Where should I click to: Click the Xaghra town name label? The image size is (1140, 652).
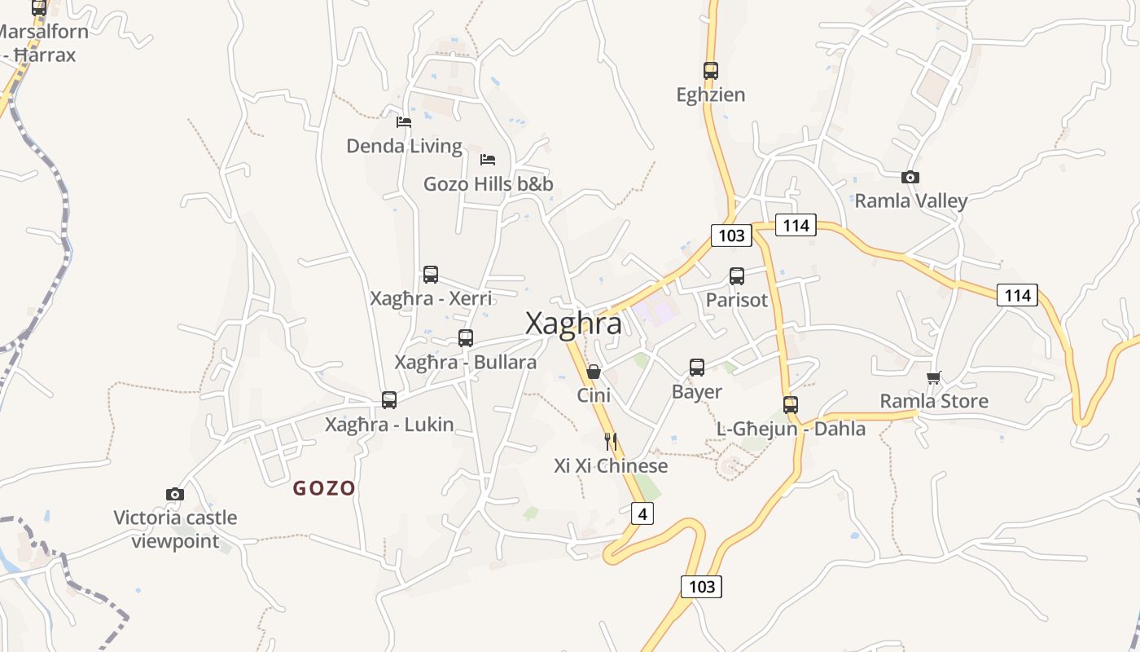tap(573, 324)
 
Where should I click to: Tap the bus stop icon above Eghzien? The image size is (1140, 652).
tap(711, 71)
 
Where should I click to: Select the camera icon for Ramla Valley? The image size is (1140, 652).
tap(910, 177)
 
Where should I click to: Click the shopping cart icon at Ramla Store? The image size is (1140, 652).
tap(933, 377)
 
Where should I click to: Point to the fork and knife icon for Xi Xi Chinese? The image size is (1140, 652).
tap(611, 442)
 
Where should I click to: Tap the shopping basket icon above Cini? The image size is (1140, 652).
tap(594, 372)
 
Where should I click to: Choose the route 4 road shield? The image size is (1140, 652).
tap(642, 513)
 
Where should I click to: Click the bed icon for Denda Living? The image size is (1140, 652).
tap(404, 122)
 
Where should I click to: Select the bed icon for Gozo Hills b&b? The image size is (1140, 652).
tap(488, 159)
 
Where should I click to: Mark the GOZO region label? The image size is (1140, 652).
tap(324, 488)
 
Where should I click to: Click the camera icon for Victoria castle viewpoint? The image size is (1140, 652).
tap(175, 494)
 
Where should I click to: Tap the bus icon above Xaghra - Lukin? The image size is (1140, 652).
tap(389, 400)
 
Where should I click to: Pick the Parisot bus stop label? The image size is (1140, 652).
tap(736, 300)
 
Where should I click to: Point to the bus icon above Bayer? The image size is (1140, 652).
tap(697, 368)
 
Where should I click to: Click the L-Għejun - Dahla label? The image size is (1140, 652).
tap(791, 429)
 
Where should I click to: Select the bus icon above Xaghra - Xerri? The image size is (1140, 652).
tap(431, 275)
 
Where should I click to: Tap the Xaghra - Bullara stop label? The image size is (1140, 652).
tap(465, 362)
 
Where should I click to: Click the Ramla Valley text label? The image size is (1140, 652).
tap(910, 200)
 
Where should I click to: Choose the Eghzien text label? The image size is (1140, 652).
tap(711, 95)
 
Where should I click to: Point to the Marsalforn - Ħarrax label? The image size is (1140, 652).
tap(41, 43)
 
